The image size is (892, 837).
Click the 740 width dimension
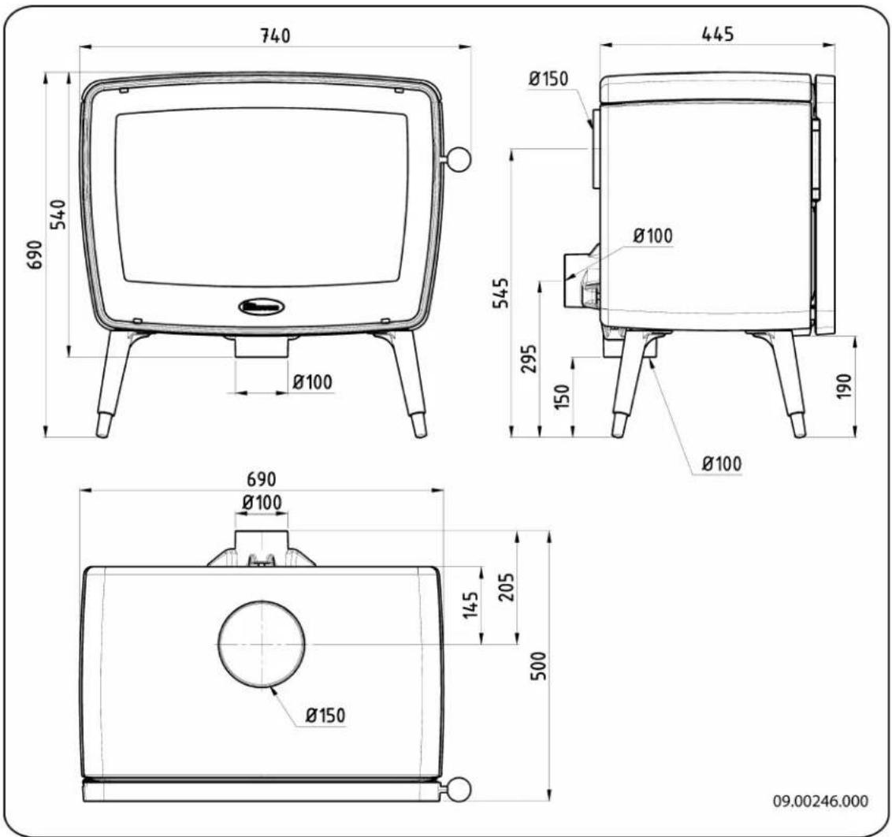275,35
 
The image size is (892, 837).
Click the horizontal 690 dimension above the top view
262,480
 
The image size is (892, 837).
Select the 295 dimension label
530,359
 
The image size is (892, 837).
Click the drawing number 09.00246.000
822,801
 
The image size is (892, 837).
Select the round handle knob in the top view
459,788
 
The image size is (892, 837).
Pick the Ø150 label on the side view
548,79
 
